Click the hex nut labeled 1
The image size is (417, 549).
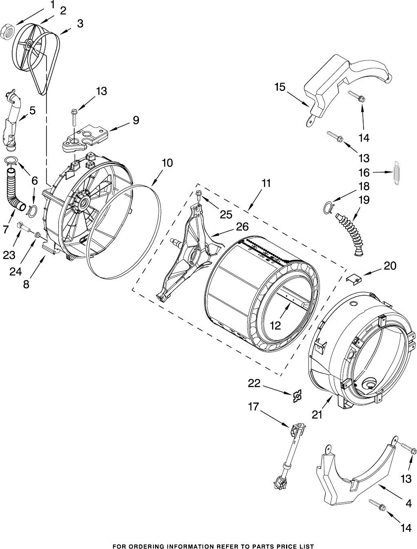point(8,32)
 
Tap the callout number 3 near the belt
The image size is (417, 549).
point(80,24)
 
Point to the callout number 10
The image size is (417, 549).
point(167,163)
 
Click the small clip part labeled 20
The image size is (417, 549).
point(354,279)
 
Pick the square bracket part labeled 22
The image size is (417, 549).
point(297,396)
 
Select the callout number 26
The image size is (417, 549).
point(242,227)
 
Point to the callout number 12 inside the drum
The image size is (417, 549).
point(275,326)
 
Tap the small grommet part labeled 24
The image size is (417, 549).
point(38,235)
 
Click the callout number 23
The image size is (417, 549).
point(9,255)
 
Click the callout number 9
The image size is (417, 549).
point(136,120)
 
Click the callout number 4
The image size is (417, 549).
point(408,503)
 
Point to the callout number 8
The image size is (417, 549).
point(26,284)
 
